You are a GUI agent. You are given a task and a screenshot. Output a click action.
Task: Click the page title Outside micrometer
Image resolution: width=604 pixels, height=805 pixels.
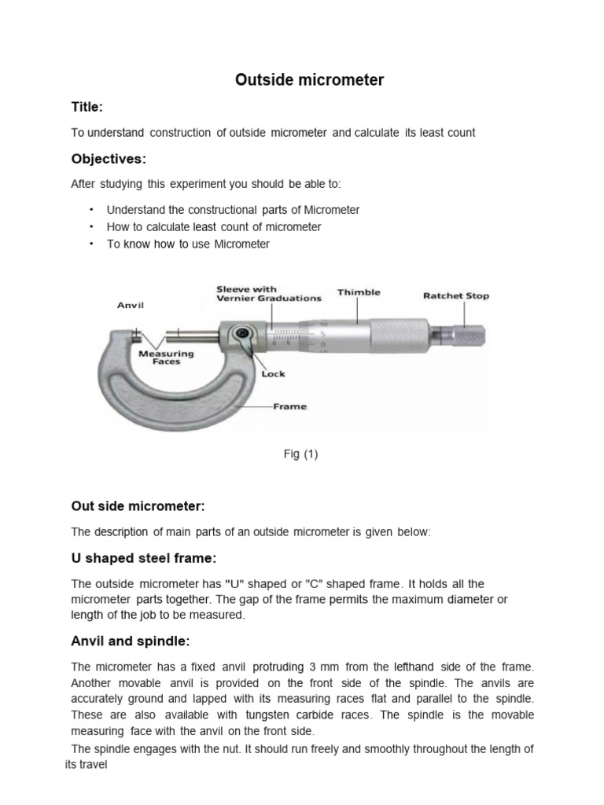pyautogui.click(x=310, y=80)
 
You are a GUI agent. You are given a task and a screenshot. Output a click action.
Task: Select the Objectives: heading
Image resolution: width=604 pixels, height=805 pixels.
pyautogui.click(x=109, y=159)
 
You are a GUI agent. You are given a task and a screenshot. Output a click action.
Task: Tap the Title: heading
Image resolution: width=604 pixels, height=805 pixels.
pyautogui.click(x=87, y=106)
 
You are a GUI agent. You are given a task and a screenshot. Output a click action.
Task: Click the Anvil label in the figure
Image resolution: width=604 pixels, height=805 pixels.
pyautogui.click(x=130, y=305)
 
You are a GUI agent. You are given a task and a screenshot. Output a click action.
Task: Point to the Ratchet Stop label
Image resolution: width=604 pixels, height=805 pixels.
pyautogui.click(x=456, y=296)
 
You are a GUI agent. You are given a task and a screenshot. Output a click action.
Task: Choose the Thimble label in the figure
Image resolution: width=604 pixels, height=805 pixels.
pyautogui.click(x=359, y=292)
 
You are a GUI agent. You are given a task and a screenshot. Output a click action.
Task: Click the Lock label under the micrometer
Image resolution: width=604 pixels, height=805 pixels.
pyautogui.click(x=273, y=374)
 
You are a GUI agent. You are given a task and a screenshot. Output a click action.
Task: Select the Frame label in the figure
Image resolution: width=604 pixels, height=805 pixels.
pyautogui.click(x=289, y=406)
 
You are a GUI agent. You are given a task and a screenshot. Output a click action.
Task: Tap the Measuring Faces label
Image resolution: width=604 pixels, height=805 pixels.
pyautogui.click(x=165, y=358)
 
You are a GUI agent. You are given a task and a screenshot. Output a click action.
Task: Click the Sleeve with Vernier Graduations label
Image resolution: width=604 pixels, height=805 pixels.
pyautogui.click(x=269, y=294)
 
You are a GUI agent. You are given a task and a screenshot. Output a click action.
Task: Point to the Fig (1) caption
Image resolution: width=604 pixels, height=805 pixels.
pyautogui.click(x=301, y=454)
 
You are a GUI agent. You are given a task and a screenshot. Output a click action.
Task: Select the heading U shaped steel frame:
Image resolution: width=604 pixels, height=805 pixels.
pyautogui.click(x=143, y=558)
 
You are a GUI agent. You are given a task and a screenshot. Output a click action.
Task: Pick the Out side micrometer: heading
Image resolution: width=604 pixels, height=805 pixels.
pyautogui.click(x=138, y=505)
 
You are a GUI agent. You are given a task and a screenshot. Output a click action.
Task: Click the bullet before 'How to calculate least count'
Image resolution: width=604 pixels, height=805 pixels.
pyautogui.click(x=91, y=226)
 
